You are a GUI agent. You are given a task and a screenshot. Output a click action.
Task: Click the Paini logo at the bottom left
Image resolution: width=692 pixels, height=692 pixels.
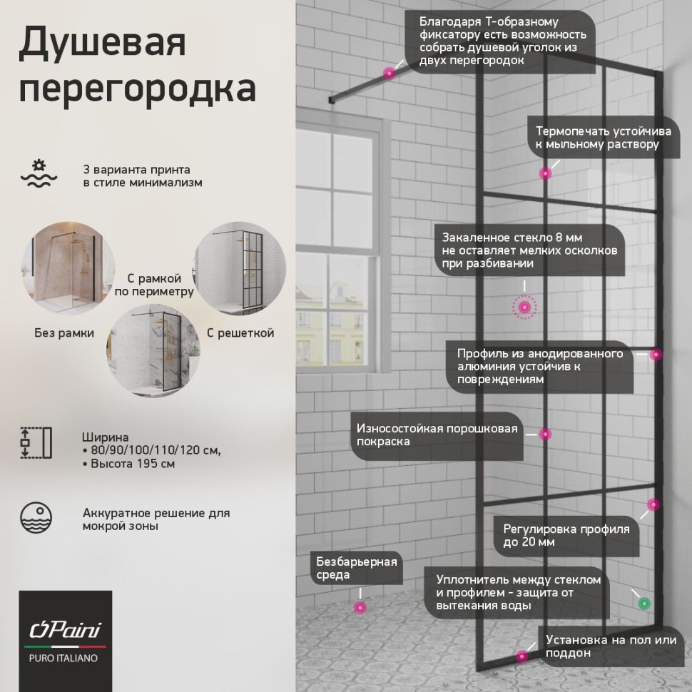click(x=64, y=629)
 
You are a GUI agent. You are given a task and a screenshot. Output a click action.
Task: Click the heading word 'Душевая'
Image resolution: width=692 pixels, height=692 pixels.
click(x=102, y=44)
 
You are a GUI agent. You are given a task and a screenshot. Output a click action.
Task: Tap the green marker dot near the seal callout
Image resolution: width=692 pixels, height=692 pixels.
click(x=644, y=603)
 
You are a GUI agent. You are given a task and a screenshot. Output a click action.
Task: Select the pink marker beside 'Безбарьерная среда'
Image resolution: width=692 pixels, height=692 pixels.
click(x=360, y=607)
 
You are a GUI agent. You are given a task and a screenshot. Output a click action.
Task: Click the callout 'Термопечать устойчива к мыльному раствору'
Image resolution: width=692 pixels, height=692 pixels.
click(x=597, y=138)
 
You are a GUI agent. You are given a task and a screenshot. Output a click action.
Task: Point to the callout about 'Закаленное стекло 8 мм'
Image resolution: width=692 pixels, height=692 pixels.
click(x=529, y=249)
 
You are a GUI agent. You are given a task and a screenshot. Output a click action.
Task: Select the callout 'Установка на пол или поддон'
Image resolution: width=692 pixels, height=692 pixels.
click(x=610, y=646)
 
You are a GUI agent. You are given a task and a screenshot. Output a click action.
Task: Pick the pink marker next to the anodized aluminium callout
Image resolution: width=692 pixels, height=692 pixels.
click(x=656, y=355)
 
